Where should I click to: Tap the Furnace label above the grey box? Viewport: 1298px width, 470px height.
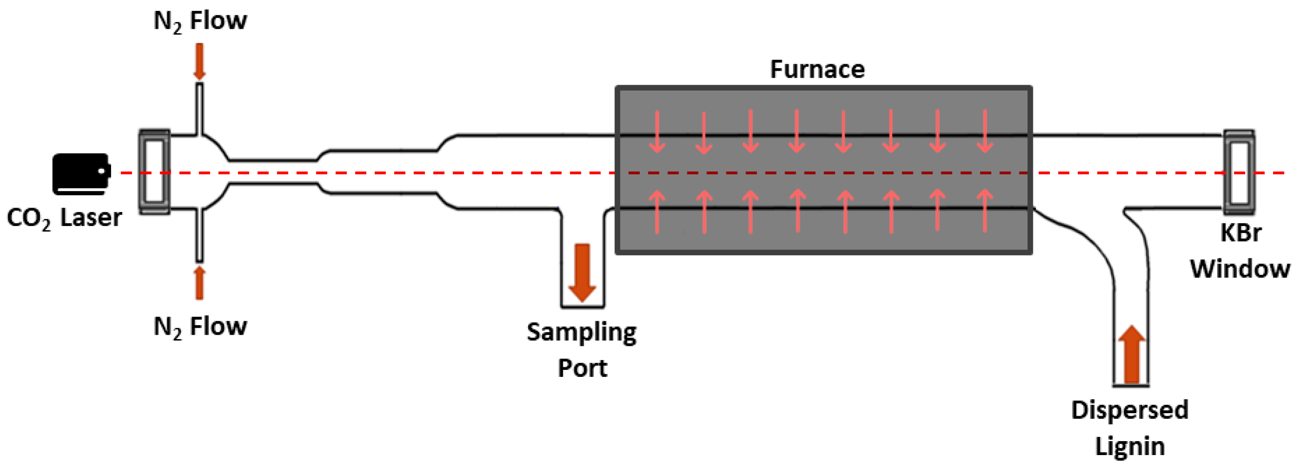click(x=817, y=70)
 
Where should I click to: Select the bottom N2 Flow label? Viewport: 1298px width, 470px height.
click(x=200, y=327)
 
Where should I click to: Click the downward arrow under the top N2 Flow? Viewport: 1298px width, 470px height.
click(x=199, y=61)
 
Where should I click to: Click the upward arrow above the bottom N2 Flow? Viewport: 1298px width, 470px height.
click(x=199, y=283)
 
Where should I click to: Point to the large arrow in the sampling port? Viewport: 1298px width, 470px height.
click(x=582, y=272)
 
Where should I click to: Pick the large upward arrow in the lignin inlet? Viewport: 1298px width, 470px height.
click(x=1132, y=354)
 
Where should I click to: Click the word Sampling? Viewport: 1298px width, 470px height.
click(x=581, y=333)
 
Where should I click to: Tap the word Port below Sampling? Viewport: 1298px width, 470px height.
click(x=582, y=368)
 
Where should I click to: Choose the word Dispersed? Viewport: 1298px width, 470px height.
click(x=1130, y=411)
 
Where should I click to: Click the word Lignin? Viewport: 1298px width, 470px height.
click(x=1130, y=447)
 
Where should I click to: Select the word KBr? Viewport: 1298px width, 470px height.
click(x=1240, y=233)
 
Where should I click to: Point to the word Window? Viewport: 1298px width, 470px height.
click(x=1240, y=269)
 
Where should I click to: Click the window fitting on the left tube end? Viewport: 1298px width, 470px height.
click(x=154, y=172)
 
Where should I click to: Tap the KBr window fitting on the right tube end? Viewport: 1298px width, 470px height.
click(x=1240, y=172)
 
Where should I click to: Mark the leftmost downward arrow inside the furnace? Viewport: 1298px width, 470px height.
click(x=657, y=131)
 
